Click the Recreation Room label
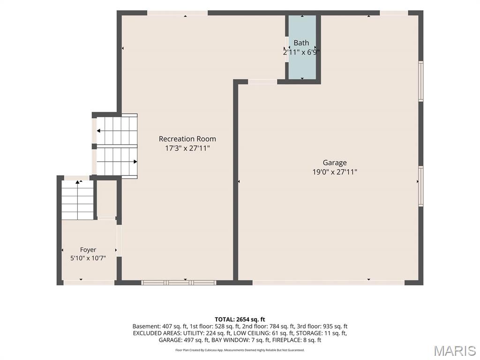click(187, 139)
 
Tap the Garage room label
click(335, 163)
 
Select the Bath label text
click(301, 43)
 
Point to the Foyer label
click(88, 250)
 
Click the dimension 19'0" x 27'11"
click(335, 172)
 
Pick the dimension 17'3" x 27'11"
click(187, 149)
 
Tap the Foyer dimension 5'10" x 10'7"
click(88, 258)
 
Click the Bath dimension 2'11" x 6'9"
click(301, 52)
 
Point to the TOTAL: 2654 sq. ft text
click(240, 320)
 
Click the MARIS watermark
click(455, 351)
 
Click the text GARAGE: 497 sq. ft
click(184, 340)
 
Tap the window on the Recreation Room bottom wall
click(179, 283)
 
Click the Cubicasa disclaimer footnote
click(240, 350)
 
